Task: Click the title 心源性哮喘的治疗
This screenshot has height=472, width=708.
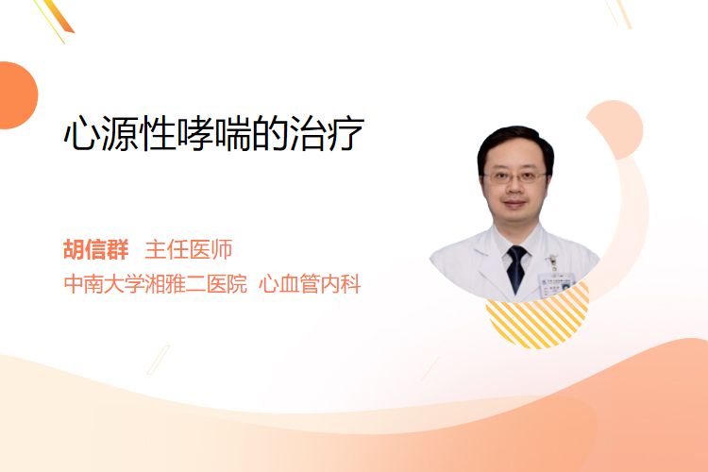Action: point(213,133)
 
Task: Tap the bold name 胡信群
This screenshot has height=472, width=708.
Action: point(95,249)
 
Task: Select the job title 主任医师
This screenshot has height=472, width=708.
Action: point(188,249)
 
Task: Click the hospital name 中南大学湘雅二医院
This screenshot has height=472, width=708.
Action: point(156,284)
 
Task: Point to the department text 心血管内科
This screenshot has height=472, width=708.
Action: point(310,284)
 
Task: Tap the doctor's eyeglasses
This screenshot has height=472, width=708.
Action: point(515,177)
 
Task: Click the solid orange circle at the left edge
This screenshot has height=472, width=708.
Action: point(17,95)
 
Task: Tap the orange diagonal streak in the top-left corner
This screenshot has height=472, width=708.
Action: point(59,17)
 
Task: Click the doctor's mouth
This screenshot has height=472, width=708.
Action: point(514,204)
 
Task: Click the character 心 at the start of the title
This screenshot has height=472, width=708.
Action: point(81,134)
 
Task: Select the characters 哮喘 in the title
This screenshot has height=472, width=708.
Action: point(213,133)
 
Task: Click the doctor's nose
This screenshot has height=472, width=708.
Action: point(514,190)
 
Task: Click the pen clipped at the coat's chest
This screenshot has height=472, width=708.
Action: point(552,261)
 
